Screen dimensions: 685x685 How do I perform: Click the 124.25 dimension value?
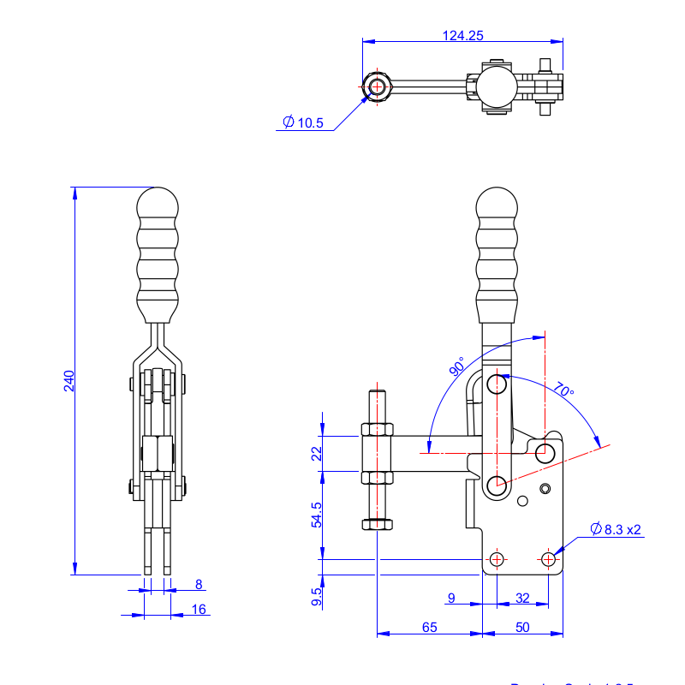point(463,36)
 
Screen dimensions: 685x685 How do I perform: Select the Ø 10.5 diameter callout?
point(304,122)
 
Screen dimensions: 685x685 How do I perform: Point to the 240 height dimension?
point(69,380)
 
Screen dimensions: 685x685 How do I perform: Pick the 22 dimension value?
point(316,453)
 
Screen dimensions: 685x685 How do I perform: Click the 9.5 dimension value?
point(316,598)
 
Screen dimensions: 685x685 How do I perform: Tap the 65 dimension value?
point(430,627)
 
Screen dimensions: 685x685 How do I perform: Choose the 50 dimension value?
point(522,627)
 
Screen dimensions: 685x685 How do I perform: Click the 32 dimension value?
point(522,598)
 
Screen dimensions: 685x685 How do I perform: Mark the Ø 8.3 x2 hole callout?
point(616,529)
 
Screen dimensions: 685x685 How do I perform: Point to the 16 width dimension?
point(199,609)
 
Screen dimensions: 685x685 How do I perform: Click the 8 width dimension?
point(199,585)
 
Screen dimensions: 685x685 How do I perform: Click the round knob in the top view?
point(497,86)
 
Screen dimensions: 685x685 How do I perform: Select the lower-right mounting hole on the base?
point(548,559)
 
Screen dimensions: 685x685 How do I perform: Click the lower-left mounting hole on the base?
point(497,559)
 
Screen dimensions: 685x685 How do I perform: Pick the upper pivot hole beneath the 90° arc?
point(497,383)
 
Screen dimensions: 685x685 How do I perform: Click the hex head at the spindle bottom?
point(378,524)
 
